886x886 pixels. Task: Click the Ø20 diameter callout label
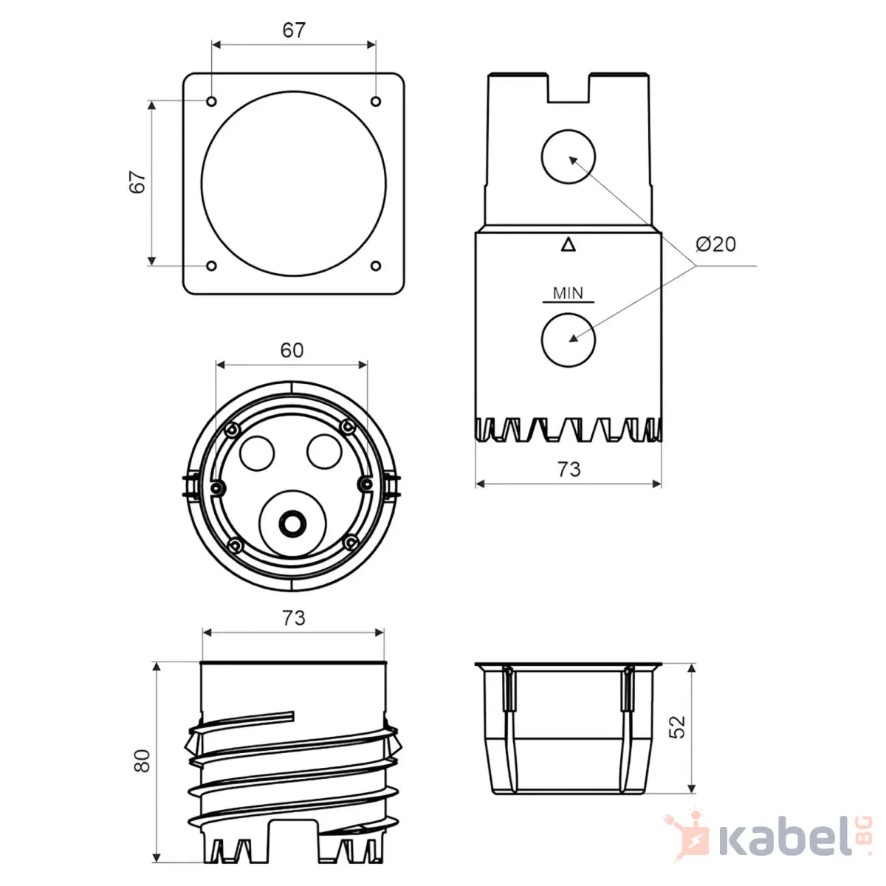click(x=715, y=244)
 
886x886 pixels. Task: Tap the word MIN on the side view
click(x=568, y=293)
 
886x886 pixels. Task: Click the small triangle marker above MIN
click(x=569, y=244)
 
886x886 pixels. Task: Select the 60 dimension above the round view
click(x=292, y=351)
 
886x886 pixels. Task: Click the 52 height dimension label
click(x=676, y=727)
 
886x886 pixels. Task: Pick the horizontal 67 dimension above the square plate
click(x=294, y=30)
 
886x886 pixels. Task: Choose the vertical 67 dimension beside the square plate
click(x=137, y=182)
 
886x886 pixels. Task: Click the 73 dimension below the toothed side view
click(x=569, y=470)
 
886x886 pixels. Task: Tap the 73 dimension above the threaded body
click(x=293, y=619)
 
